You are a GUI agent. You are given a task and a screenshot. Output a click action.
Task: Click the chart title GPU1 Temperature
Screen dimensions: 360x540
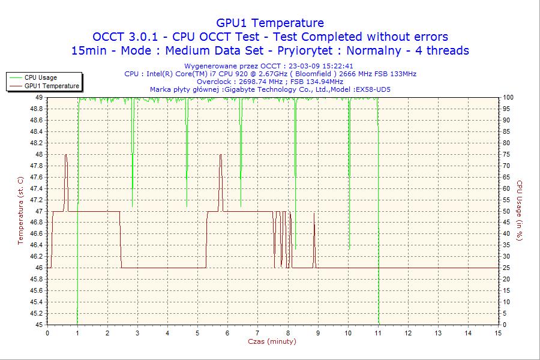click(x=270, y=23)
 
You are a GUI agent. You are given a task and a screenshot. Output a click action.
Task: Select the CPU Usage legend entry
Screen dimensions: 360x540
click(x=41, y=77)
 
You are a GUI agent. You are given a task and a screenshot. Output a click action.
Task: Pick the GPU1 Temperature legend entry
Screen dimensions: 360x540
click(x=52, y=86)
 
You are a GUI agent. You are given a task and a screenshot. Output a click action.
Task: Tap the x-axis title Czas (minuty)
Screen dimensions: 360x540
click(x=272, y=341)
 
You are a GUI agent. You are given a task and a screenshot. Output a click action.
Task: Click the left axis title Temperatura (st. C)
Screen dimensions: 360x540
click(x=20, y=211)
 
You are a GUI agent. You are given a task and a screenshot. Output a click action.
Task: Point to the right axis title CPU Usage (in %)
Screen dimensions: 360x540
click(x=520, y=211)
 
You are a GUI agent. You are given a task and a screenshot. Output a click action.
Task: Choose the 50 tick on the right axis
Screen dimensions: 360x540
click(x=507, y=211)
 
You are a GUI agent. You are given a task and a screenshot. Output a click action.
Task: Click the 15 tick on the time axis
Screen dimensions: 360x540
click(x=498, y=332)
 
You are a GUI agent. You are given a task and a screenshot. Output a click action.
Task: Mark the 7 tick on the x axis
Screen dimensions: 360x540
click(x=257, y=332)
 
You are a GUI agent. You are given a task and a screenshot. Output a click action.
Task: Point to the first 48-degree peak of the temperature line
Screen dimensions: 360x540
click(x=65, y=155)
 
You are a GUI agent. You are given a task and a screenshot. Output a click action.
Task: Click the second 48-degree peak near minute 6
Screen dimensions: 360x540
click(x=221, y=155)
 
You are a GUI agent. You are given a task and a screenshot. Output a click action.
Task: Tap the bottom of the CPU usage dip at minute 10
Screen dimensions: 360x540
click(x=349, y=248)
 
